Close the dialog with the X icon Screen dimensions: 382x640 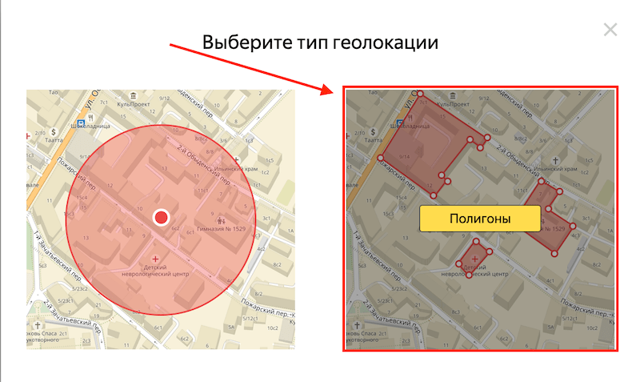pyautogui.click(x=610, y=30)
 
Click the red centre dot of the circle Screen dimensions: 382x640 pyautogui.click(x=162, y=217)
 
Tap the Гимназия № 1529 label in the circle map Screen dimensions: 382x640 pyautogui.click(x=226, y=230)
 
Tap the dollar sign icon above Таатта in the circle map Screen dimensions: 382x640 pyautogui.click(x=54, y=130)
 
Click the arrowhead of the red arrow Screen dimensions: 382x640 pyautogui.click(x=330, y=90)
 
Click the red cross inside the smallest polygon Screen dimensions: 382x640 pyautogui.click(x=475, y=258)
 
